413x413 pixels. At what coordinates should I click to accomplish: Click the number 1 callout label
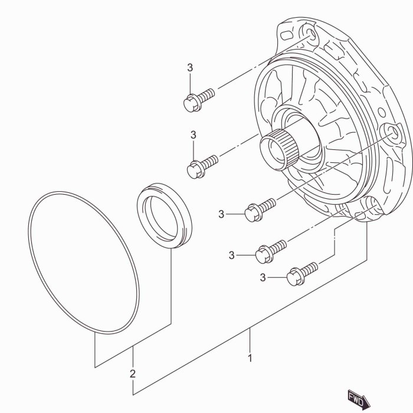pos(250,358)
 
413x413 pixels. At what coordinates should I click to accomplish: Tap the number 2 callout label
pos(133,373)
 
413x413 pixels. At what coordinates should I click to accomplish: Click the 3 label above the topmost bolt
pos(190,68)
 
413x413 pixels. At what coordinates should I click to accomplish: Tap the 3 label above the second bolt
pos(193,136)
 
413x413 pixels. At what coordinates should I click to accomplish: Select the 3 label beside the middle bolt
pos(221,214)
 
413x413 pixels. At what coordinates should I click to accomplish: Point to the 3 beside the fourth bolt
pos(232,255)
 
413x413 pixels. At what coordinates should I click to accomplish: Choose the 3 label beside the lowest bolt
pos(264,277)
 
